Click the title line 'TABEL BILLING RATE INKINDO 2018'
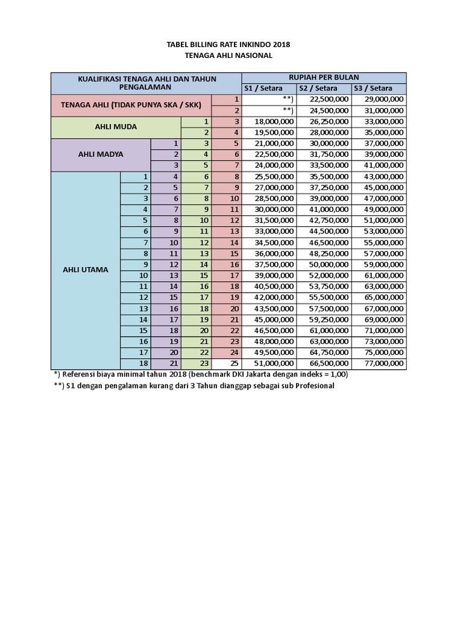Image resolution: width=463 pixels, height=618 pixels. (x=228, y=45)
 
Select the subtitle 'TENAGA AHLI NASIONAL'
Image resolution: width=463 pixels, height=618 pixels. (x=228, y=56)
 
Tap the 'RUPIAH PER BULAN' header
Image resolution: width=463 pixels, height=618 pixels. (x=324, y=77)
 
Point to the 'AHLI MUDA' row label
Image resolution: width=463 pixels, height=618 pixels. (x=116, y=127)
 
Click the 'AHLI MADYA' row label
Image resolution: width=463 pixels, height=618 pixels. (x=101, y=154)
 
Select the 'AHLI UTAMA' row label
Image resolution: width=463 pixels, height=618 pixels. (x=86, y=270)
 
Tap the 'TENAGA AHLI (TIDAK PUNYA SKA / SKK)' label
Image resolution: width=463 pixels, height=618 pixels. (x=131, y=104)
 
